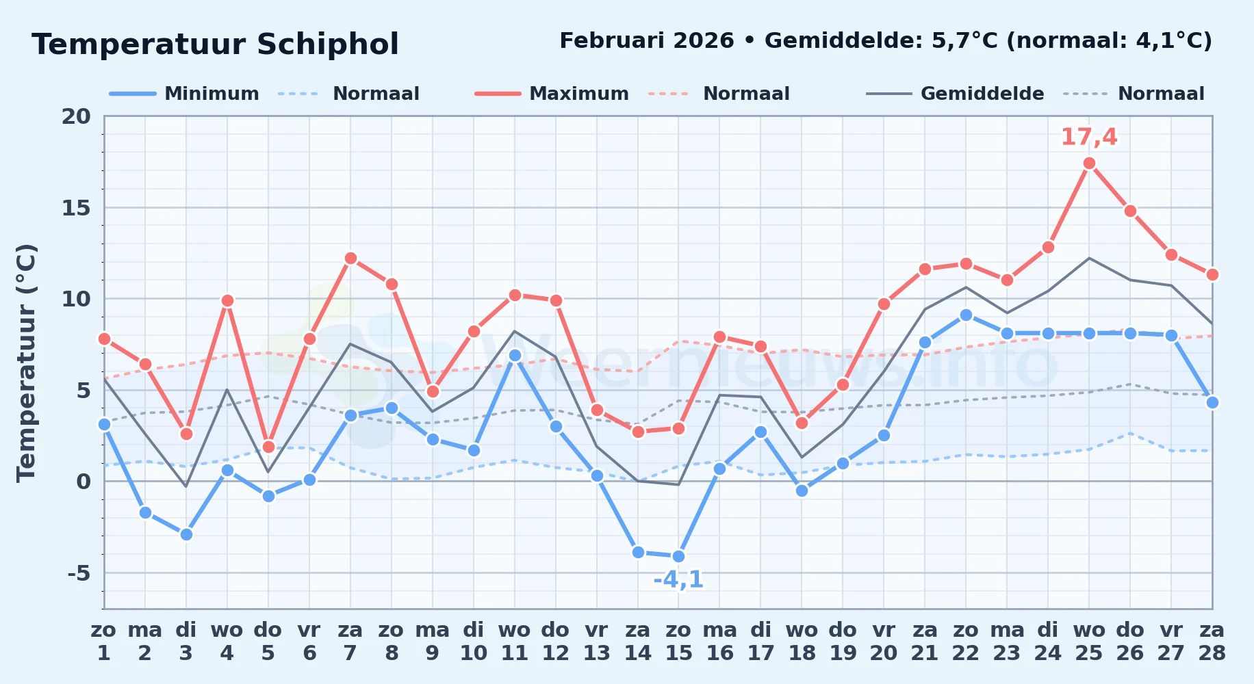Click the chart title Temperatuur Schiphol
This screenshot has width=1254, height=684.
click(215, 44)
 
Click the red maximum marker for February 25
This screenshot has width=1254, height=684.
click(1089, 163)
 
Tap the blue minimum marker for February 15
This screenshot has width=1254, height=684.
click(678, 557)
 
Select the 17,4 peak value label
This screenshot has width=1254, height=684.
click(1089, 137)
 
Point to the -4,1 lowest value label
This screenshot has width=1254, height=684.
click(678, 580)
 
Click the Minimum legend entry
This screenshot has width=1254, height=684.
click(184, 94)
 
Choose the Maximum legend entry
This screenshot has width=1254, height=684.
click(552, 94)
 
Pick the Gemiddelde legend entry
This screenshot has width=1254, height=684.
click(955, 94)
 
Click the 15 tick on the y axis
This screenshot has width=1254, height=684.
click(76, 208)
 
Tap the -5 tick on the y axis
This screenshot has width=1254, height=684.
click(79, 573)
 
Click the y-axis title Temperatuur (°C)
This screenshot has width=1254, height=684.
click(26, 363)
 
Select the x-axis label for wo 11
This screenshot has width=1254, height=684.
click(515, 642)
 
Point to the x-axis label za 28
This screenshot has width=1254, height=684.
click(1212, 642)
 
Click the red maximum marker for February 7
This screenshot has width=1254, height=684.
click(350, 259)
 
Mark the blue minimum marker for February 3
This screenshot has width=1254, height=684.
click(186, 535)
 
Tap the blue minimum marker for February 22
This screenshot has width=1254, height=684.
click(966, 315)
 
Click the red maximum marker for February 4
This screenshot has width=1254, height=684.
click(227, 301)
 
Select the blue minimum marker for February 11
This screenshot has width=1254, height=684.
click(515, 356)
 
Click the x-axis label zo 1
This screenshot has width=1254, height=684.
click(104, 642)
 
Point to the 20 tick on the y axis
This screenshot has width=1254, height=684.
click(76, 116)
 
